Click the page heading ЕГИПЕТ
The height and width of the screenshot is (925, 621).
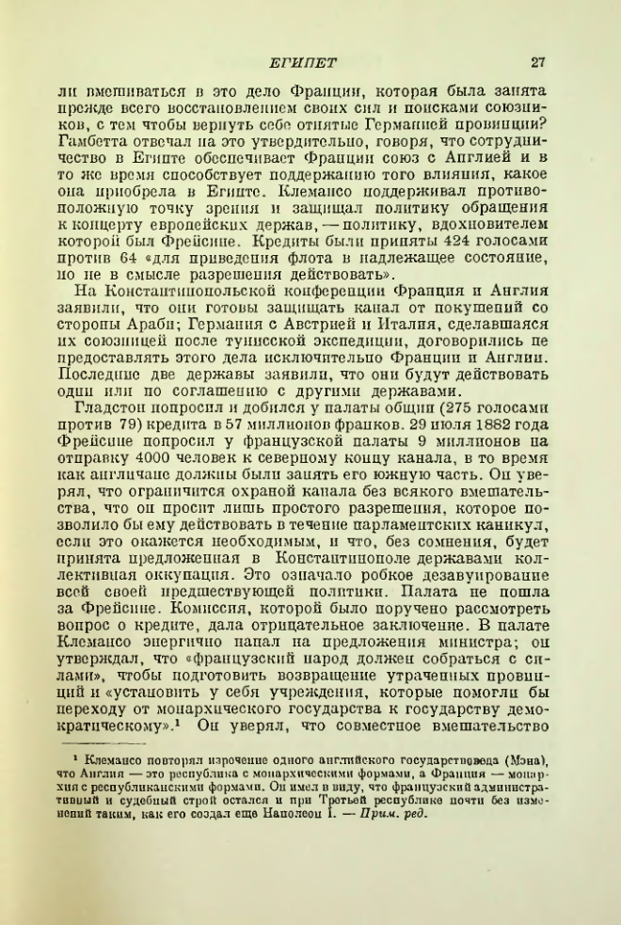tap(296, 63)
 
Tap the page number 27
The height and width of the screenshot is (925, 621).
tap(538, 63)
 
